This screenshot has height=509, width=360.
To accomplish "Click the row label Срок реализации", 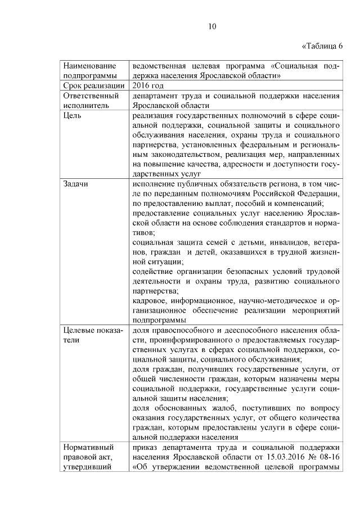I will point(93,85).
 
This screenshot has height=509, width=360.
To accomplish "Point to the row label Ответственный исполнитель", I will point(89,100).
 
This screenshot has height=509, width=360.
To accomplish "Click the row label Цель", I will point(73,115).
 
